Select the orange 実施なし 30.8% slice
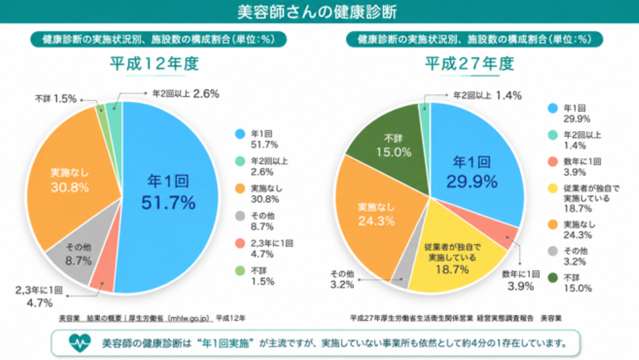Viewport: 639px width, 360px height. click(x=69, y=179)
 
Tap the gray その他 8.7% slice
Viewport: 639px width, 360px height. click(x=77, y=253)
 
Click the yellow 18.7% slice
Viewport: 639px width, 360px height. click(x=452, y=253)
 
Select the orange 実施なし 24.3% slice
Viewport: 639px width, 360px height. click(x=375, y=216)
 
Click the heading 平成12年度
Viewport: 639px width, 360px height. click(x=154, y=64)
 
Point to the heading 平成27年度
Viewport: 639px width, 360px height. click(x=470, y=64)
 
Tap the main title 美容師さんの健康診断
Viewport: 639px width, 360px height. click(x=317, y=12)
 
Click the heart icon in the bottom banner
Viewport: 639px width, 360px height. click(x=79, y=343)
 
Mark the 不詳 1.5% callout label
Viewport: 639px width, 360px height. click(x=56, y=99)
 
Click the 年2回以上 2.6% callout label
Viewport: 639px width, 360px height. click(x=186, y=94)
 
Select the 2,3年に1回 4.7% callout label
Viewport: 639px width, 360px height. click(x=39, y=296)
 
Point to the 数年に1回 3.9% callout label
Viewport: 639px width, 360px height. click(x=521, y=280)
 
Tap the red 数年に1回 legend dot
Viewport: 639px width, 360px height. click(x=552, y=162)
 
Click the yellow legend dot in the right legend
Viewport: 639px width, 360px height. click(x=552, y=189)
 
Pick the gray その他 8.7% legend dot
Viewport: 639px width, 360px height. click(x=240, y=216)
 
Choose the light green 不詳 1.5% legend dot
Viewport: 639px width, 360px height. click(x=240, y=271)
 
